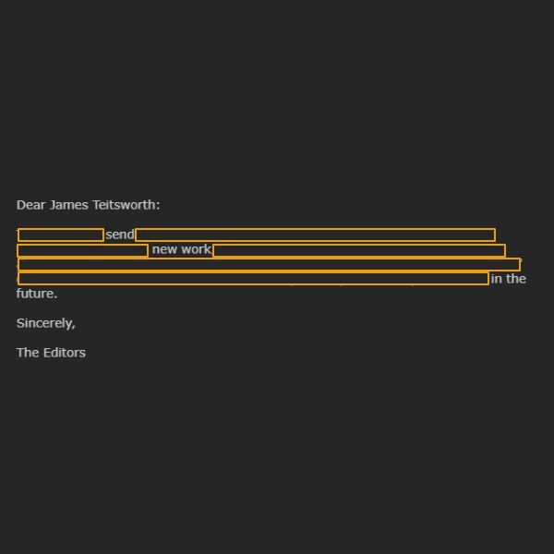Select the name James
tap(69, 205)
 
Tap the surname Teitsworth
tap(124, 205)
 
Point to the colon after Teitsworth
tap(158, 206)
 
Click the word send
tap(120, 235)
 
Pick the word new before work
tap(164, 249)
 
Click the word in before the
tap(496, 279)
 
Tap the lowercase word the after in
tap(516, 279)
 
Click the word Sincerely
tap(44, 323)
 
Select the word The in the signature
tap(28, 353)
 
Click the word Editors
tap(65, 353)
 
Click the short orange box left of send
tap(61, 235)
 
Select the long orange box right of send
tap(315, 235)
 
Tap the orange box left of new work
tap(82, 250)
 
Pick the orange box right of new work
tap(359, 250)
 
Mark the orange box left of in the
tap(253, 279)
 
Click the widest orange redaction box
tap(269, 265)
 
